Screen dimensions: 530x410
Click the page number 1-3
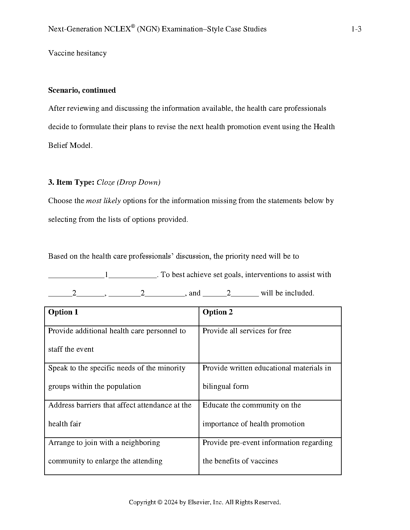[356, 29]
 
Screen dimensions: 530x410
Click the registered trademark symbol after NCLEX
[133, 26]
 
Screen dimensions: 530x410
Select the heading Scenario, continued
[82, 90]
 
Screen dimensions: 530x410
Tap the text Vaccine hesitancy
[77, 53]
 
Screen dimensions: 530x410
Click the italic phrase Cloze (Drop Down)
[129, 182]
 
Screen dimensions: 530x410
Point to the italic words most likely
[103, 201]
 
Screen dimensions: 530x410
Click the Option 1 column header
[63, 312]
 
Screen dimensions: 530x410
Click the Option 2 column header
[218, 312]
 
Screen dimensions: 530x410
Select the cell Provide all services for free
[247, 331]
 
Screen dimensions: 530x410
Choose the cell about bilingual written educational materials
[267, 377]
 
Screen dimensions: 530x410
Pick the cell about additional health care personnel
[117, 340]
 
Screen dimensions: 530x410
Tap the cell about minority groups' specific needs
[117, 377]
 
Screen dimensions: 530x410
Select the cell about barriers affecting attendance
[120, 414]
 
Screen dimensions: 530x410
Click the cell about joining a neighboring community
[105, 452]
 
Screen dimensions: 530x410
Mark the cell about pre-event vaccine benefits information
[267, 452]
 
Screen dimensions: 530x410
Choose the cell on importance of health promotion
[254, 414]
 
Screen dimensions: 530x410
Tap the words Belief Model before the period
[69, 146]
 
